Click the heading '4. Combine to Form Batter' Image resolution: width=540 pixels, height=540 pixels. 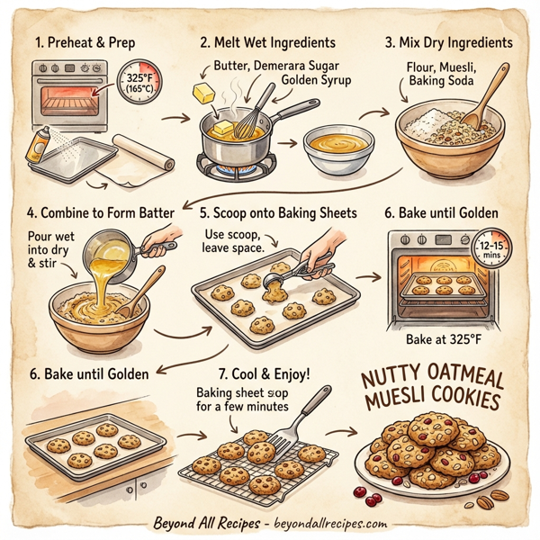(x=98, y=213)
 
